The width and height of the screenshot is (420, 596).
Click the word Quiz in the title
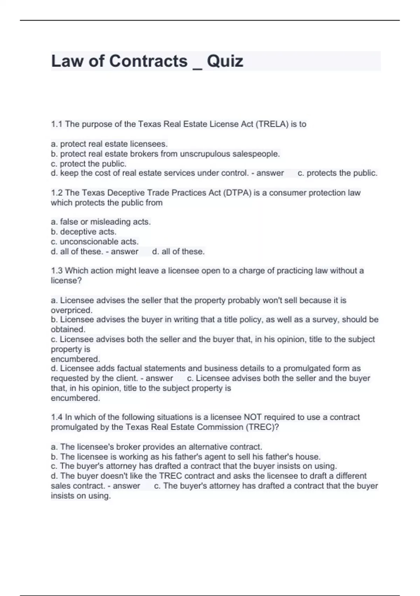(225, 61)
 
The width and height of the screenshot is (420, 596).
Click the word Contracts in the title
(148, 61)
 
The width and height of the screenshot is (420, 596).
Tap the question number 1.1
(57, 124)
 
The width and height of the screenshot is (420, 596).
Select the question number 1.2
(57, 193)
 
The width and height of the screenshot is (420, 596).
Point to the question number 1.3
(57, 271)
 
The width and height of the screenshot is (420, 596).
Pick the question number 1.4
(57, 417)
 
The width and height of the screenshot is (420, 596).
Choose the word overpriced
(71, 310)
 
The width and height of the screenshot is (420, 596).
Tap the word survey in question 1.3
(325, 319)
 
